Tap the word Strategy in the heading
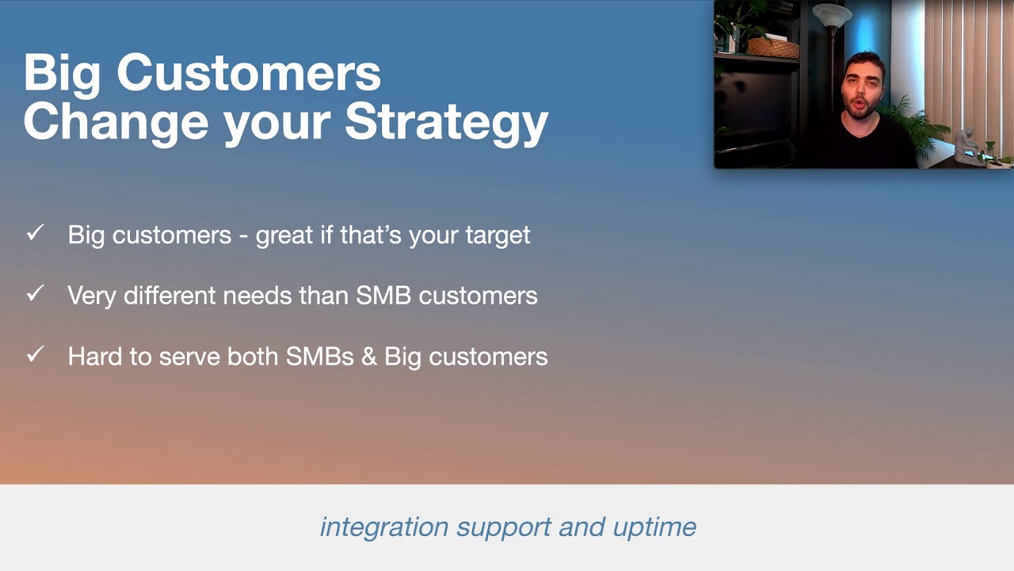coord(446,121)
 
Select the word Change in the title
coord(116,121)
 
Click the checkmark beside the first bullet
coord(35,233)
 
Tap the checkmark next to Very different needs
coord(35,294)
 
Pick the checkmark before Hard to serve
coord(35,354)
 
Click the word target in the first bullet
coord(497,236)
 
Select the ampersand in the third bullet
coord(368,356)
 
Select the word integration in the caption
coord(384,527)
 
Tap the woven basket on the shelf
coord(773,48)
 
